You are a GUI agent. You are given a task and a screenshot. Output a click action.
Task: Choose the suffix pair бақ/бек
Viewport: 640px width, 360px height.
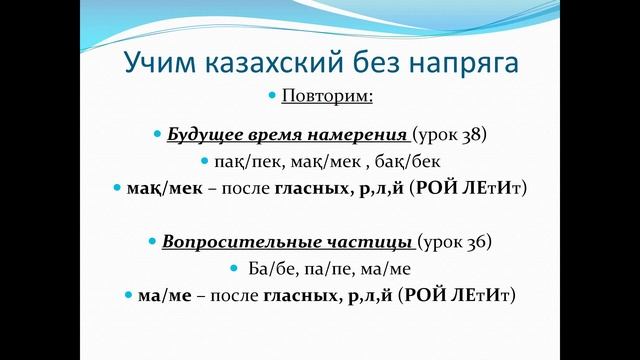tap(410, 161)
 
